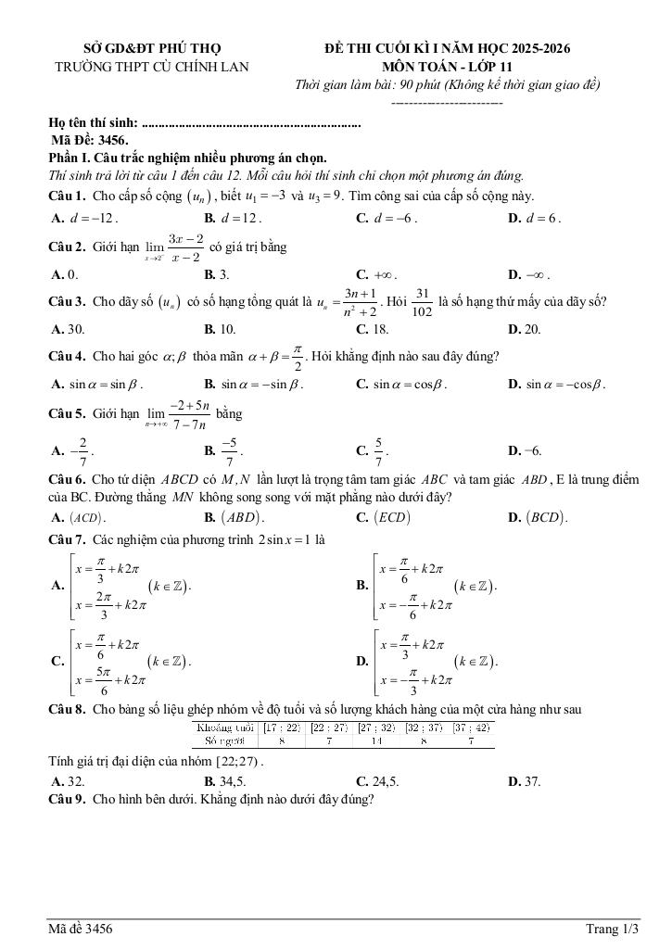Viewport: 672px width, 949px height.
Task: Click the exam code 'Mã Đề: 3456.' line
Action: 90,140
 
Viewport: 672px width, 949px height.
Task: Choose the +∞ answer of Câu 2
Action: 376,274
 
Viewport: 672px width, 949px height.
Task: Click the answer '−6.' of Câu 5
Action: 526,450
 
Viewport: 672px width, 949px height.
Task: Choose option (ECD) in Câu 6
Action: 384,518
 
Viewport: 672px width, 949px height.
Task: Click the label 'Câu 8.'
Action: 67,710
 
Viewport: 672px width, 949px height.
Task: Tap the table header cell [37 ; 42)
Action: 472,728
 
